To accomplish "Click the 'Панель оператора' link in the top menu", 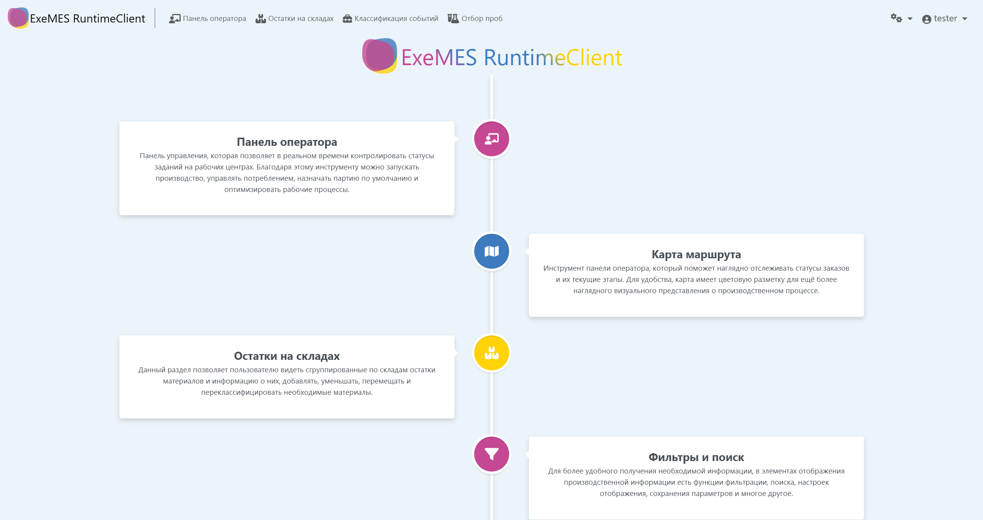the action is pyautogui.click(x=207, y=19).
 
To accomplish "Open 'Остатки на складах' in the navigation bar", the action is pyautogui.click(x=294, y=19).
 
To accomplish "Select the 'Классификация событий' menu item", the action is pyautogui.click(x=390, y=19).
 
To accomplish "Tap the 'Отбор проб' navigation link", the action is pyautogui.click(x=475, y=19).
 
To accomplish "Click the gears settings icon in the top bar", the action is pyautogui.click(x=896, y=18).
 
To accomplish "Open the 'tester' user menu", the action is pyautogui.click(x=945, y=19).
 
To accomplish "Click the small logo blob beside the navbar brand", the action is pyautogui.click(x=18, y=18).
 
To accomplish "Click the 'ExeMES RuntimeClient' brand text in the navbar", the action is pyautogui.click(x=88, y=19).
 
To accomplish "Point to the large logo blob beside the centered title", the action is pyautogui.click(x=380, y=56).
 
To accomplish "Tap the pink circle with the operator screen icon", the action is pyautogui.click(x=492, y=139).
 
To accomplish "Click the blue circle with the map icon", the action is pyautogui.click(x=492, y=251).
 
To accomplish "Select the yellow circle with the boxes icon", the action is pyautogui.click(x=492, y=353).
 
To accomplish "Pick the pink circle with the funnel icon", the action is pyautogui.click(x=492, y=454).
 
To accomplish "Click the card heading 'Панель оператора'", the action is pyautogui.click(x=287, y=142).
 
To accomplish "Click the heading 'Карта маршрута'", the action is pyautogui.click(x=696, y=255).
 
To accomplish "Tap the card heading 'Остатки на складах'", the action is pyautogui.click(x=287, y=356).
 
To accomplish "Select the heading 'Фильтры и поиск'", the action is pyautogui.click(x=696, y=458).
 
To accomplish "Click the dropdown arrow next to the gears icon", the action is pyautogui.click(x=910, y=19).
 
